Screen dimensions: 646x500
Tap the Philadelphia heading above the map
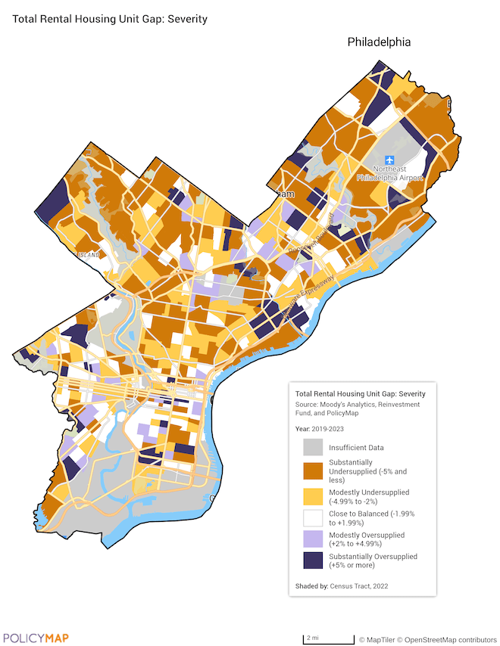pyautogui.click(x=379, y=42)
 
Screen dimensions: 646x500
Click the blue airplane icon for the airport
pyautogui.click(x=389, y=160)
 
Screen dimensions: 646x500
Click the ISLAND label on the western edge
pyautogui.click(x=88, y=255)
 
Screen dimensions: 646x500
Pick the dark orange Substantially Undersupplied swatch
pyautogui.click(x=314, y=471)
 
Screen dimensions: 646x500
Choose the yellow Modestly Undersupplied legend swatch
pyautogui.click(x=314, y=495)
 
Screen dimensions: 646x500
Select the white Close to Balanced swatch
pyautogui.click(x=314, y=520)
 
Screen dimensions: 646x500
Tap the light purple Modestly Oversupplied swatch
pyautogui.click(x=314, y=539)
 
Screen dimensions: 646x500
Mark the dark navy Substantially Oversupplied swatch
pyautogui.click(x=314, y=561)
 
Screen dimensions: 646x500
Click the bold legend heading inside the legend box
pyautogui.click(x=360, y=394)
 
